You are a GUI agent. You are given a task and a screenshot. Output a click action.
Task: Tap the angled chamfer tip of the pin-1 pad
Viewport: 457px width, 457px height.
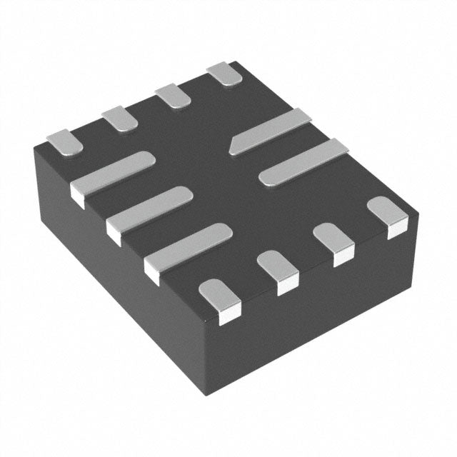233,148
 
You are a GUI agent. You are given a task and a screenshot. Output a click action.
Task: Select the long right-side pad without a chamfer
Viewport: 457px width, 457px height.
303,162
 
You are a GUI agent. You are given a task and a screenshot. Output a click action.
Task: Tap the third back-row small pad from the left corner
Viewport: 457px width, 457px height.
172,94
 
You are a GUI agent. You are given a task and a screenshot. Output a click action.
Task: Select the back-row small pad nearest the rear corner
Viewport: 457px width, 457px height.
224,73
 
